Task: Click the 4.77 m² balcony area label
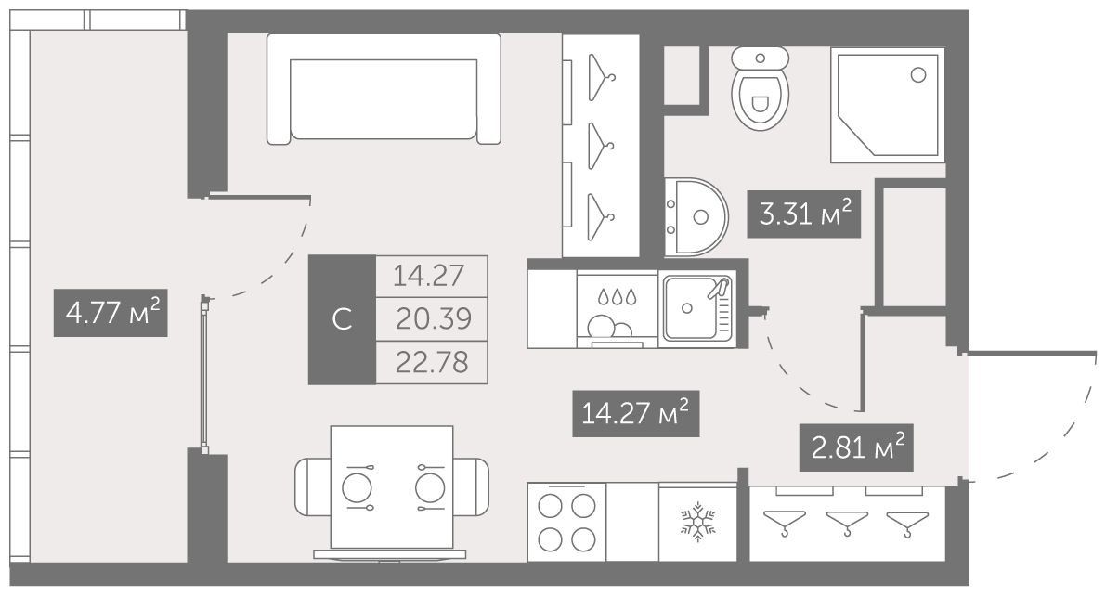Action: (x=111, y=313)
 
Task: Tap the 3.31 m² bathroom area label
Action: (x=804, y=214)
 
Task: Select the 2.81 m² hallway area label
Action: (x=856, y=447)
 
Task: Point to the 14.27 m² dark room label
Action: (x=635, y=413)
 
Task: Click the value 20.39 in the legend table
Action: (x=433, y=319)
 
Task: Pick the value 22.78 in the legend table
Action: (x=432, y=363)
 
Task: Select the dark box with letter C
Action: (x=342, y=319)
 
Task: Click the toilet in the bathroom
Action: (x=760, y=88)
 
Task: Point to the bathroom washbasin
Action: (x=696, y=216)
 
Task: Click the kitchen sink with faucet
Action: (x=697, y=309)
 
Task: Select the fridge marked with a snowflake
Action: (x=697, y=522)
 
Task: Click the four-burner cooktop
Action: (x=566, y=522)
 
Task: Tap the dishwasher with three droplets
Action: (x=618, y=310)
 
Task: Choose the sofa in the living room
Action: (x=384, y=89)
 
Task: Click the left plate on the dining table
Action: (x=357, y=487)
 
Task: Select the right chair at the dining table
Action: (x=471, y=486)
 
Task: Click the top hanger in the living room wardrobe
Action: (x=601, y=77)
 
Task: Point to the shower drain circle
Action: (x=917, y=75)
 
